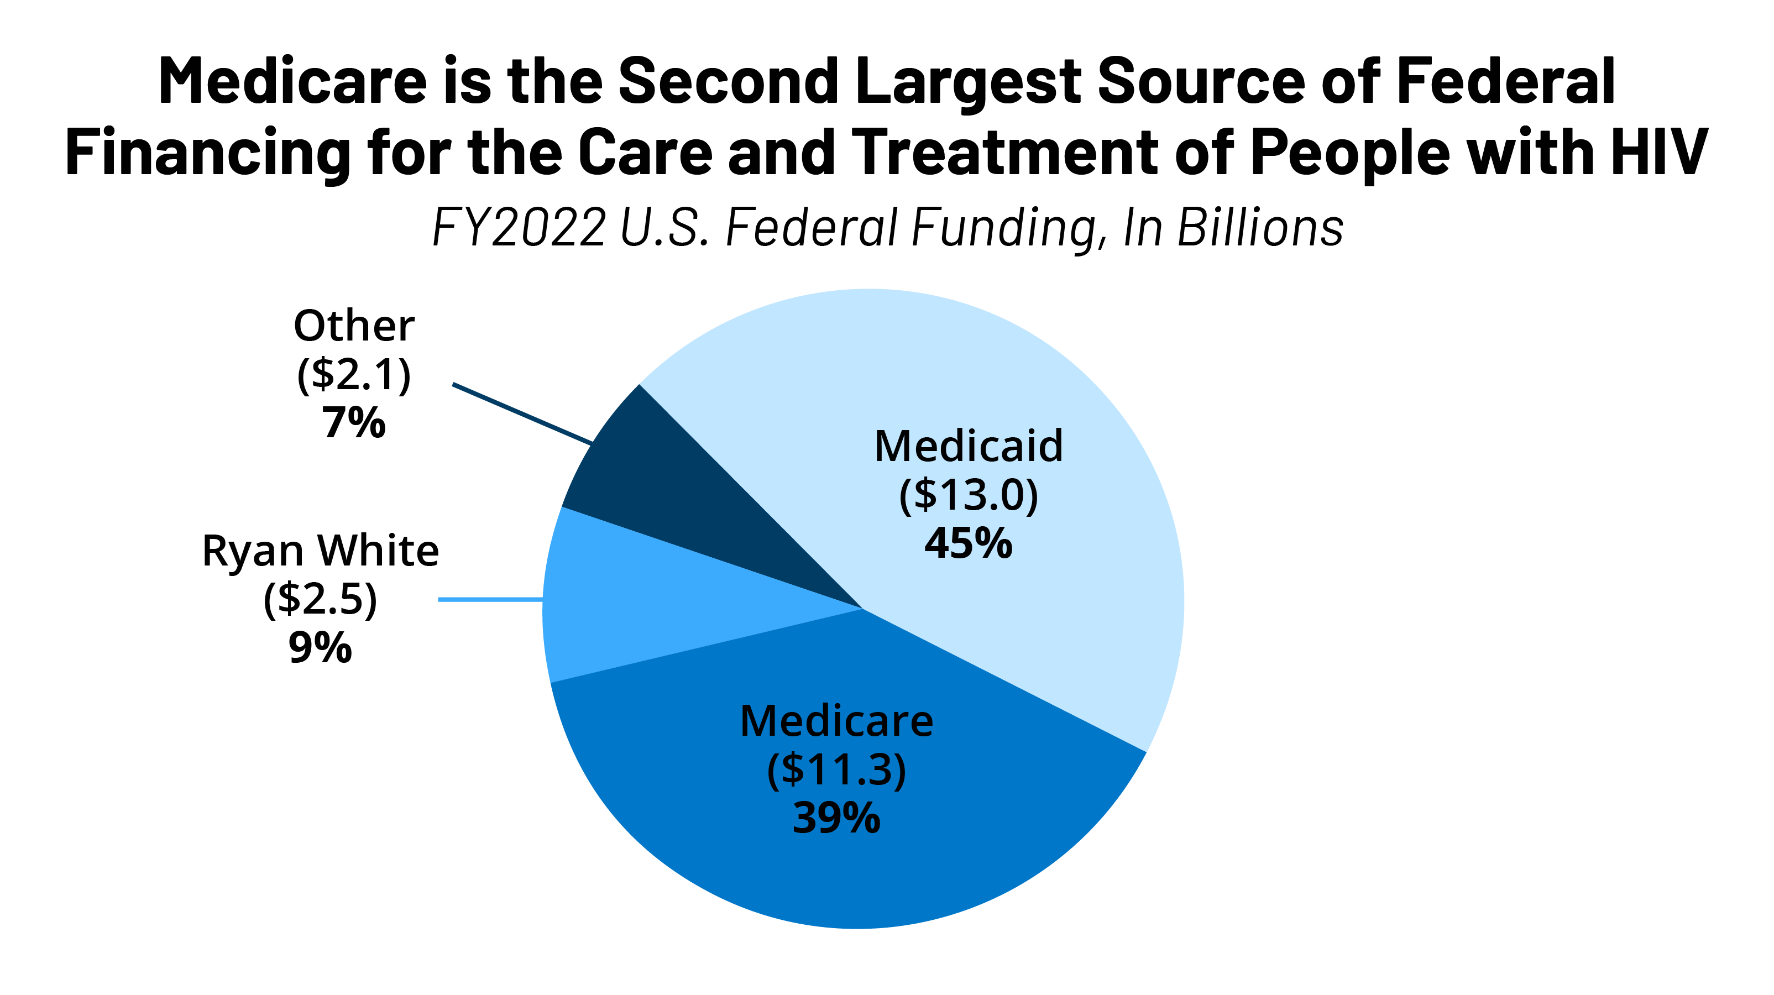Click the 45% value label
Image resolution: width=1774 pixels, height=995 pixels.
click(x=968, y=544)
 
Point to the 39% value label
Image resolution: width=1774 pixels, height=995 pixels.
click(x=836, y=819)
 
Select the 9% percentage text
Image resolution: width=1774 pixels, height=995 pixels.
click(x=320, y=648)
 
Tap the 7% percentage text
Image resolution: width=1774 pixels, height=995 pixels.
click(x=354, y=423)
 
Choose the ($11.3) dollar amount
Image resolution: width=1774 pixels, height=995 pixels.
click(x=836, y=770)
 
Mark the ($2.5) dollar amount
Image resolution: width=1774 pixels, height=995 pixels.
click(x=320, y=599)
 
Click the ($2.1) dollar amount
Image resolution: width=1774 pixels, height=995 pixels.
click(x=354, y=375)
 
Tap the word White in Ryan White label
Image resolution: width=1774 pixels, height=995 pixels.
click(x=378, y=551)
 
